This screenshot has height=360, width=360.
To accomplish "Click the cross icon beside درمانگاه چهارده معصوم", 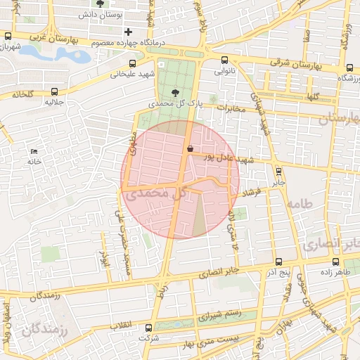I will tap(128, 32).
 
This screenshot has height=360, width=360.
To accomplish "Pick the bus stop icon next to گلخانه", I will tap(55, 91).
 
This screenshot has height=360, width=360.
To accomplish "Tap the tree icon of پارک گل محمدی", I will tap(174, 91).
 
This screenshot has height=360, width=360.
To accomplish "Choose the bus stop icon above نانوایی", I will tap(224, 60).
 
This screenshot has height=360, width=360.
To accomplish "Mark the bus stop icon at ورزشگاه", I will tap(349, 67).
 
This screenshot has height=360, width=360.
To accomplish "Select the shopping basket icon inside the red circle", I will tap(191, 148).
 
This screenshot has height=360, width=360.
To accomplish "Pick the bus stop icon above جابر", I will tap(278, 171).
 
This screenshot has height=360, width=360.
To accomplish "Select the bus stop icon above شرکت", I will tap(148, 327).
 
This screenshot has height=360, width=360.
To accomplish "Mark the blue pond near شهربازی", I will tap(56, 54).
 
